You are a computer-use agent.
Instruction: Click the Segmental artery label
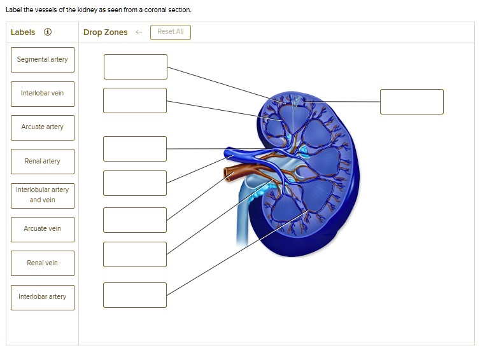pos(43,60)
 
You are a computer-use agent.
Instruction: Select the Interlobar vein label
pos(43,93)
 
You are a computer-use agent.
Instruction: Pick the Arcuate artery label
pos(43,128)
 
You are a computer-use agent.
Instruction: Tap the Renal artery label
pos(43,162)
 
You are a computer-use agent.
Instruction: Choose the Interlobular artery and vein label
pos(43,195)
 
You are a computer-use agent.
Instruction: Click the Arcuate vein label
pos(43,230)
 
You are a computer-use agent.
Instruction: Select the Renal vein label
pos(43,263)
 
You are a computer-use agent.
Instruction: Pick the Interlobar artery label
pos(43,297)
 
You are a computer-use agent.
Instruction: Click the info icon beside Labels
pos(48,32)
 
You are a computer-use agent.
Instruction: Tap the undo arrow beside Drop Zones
pos(139,32)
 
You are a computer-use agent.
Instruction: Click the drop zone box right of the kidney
pos(411,102)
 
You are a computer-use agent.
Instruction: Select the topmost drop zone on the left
pos(136,67)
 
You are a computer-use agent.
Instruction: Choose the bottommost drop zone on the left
pos(135,295)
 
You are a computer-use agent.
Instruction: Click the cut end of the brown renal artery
pos(227,174)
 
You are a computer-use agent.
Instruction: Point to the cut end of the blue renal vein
pos(228,153)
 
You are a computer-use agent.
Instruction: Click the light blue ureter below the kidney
pos(243,218)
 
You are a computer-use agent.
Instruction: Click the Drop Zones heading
pos(106,32)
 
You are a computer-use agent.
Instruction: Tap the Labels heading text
pos(23,32)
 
